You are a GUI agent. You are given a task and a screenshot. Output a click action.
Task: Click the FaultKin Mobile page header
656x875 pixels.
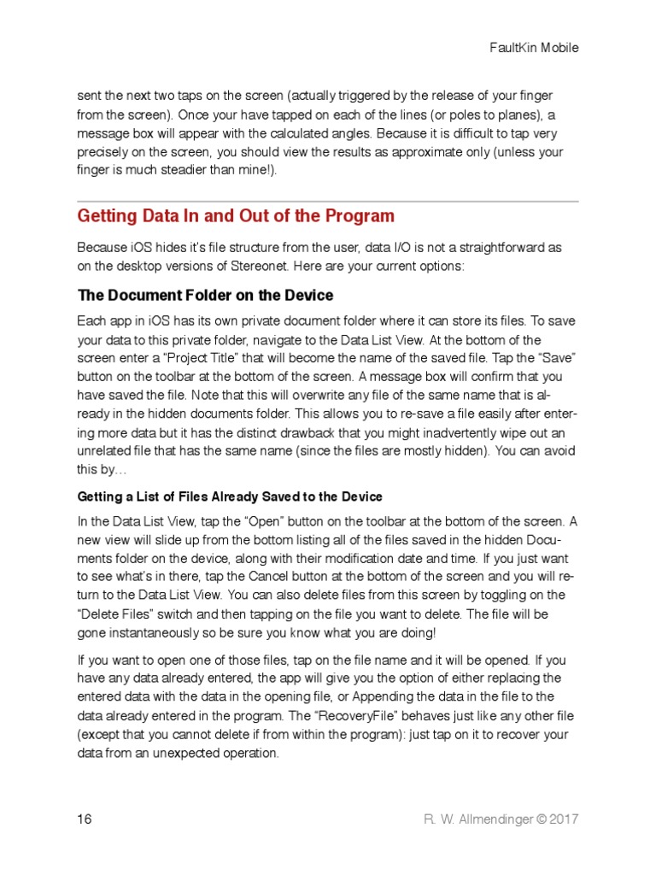pyautogui.click(x=533, y=48)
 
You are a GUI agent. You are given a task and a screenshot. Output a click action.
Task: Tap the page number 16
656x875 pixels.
pyautogui.click(x=85, y=819)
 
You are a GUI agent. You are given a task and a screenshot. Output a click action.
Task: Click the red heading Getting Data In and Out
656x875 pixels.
pyautogui.click(x=236, y=216)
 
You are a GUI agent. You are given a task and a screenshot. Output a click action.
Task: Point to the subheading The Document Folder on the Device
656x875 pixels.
pyautogui.click(x=205, y=296)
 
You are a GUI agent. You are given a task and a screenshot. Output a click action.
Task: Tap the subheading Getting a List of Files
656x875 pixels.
pyautogui.click(x=230, y=496)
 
